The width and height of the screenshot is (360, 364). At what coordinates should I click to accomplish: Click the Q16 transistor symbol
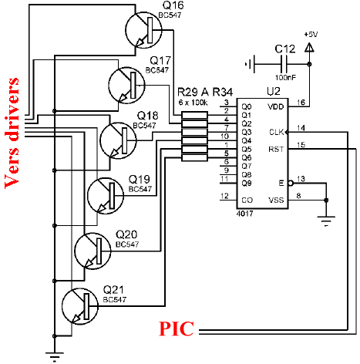point(143,30)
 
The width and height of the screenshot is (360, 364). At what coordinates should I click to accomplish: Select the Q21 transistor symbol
point(80,306)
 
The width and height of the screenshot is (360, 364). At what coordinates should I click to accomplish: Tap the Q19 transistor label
point(139,179)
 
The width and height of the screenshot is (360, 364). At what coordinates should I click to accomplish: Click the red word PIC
point(177,329)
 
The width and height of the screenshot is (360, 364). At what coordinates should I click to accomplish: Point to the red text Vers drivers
point(12,133)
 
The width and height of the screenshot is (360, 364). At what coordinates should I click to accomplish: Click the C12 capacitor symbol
point(284,64)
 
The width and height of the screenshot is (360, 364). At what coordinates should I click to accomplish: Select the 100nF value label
point(285,77)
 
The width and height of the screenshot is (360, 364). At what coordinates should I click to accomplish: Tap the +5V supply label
point(311,34)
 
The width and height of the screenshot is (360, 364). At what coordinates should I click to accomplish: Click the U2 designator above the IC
point(274,91)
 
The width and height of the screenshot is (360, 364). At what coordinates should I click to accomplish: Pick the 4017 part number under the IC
point(244,214)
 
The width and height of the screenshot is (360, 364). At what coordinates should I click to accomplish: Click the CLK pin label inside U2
point(276,132)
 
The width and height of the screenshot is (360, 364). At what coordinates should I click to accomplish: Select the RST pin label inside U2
point(276,149)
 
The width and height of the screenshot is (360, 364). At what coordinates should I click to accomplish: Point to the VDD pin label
point(276,106)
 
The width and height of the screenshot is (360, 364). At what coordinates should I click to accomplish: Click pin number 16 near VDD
point(301,103)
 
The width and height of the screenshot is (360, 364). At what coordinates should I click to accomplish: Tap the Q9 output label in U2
point(247,183)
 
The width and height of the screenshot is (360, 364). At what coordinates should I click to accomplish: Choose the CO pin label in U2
point(247,200)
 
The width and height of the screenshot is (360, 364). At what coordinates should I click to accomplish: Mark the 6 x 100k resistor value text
point(193,103)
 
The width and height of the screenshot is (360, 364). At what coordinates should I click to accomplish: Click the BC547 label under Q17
point(157,70)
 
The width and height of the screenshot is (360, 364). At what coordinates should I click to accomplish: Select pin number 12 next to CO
point(224,196)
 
